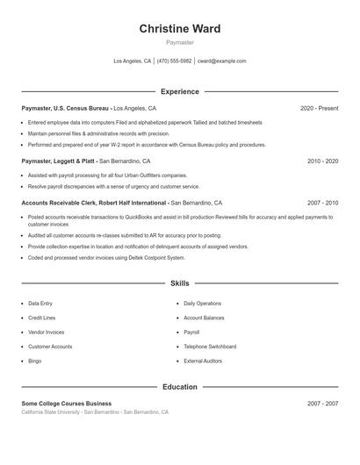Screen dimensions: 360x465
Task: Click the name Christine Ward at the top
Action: [x=179, y=29]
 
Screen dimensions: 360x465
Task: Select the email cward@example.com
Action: [x=221, y=61]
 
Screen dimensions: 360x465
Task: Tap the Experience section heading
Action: [x=179, y=91]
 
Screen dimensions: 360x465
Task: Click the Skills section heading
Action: [x=179, y=283]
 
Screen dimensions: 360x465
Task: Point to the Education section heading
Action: [x=179, y=386]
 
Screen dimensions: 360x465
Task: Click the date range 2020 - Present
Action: [x=319, y=108]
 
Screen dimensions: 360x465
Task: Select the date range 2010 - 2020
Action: [x=322, y=161]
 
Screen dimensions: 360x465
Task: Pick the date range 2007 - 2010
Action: [x=322, y=202]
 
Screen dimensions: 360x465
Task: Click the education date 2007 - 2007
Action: [x=322, y=403]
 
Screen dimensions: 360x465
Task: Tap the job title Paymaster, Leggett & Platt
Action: [x=59, y=161]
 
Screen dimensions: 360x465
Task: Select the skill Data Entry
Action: [x=40, y=304]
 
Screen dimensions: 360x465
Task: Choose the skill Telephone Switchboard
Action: [x=210, y=347]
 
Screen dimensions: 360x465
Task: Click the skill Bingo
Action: [x=35, y=361]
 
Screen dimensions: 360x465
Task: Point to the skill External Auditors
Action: [x=203, y=361]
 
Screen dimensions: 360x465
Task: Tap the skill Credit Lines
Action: [x=42, y=318]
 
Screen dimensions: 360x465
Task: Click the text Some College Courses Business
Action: [x=67, y=403]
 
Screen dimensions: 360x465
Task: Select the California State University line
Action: [x=95, y=411]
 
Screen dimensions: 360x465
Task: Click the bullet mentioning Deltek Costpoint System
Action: [x=106, y=258]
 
